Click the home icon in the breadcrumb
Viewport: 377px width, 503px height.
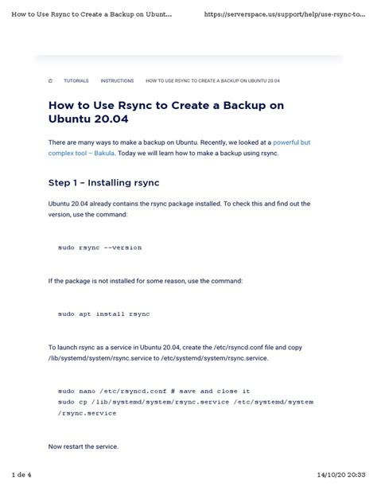click(x=50, y=80)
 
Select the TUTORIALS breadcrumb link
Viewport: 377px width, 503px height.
click(x=76, y=80)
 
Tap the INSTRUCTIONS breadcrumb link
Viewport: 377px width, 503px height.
click(x=117, y=80)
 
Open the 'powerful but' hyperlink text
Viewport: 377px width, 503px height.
click(x=289, y=142)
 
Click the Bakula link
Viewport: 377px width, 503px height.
click(x=106, y=152)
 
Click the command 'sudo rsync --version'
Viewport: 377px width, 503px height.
click(x=99, y=248)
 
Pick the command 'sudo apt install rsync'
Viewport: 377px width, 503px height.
click(x=103, y=314)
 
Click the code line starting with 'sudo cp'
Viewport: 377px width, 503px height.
click(x=185, y=403)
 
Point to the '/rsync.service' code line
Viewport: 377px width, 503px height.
click(x=87, y=413)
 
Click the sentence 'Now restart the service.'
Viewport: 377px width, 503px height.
click(x=84, y=446)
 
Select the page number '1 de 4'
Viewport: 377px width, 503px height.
click(x=21, y=475)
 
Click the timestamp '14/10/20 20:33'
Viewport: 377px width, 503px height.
click(x=341, y=475)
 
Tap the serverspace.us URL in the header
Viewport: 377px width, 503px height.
click(x=289, y=14)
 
